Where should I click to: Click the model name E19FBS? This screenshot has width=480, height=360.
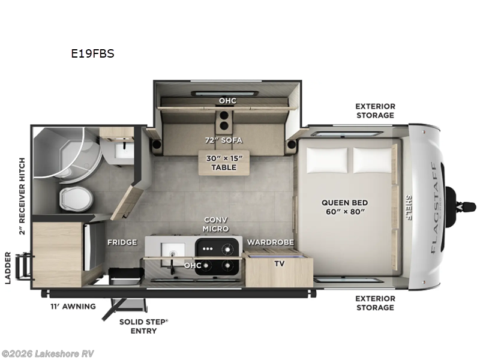click(92, 53)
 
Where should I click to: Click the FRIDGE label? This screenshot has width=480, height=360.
click(122, 242)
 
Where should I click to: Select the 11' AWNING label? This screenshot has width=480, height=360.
click(73, 307)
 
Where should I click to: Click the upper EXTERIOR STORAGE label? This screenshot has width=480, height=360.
click(374, 110)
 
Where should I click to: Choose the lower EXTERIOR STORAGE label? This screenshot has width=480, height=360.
click(374, 302)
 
